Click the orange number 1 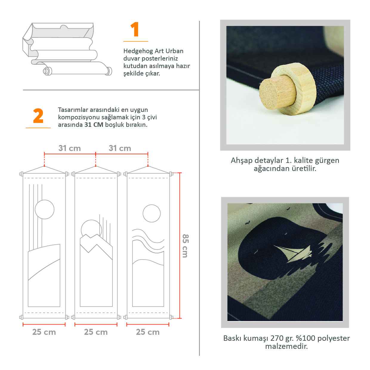135,29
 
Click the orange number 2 38,116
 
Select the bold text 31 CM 94,125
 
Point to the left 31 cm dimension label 70,148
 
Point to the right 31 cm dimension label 120,148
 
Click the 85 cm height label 185,246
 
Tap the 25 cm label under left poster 44,332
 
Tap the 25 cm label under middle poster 96,332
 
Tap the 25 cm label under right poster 148,332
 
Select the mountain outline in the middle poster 96,243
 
